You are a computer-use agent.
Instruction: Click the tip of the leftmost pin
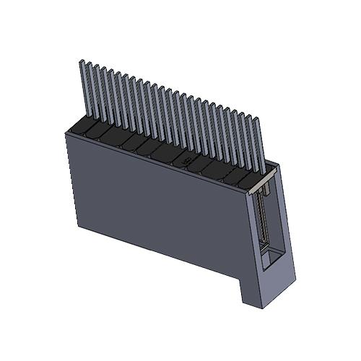[80, 63]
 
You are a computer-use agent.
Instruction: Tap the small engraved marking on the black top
[186, 160]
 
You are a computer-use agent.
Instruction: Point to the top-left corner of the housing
[66, 134]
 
